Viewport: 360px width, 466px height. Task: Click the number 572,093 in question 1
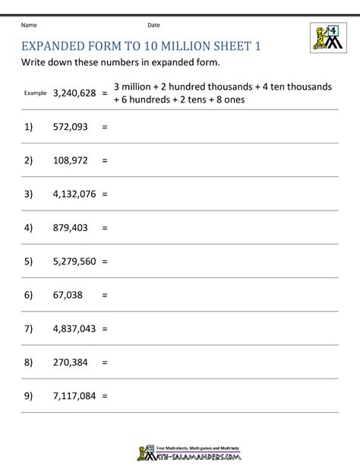click(70, 128)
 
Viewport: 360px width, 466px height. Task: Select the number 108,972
click(70, 161)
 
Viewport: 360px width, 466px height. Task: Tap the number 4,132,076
click(74, 194)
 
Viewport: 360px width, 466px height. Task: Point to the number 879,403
click(70, 227)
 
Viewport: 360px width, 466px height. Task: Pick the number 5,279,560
click(74, 259)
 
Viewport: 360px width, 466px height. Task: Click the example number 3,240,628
click(74, 93)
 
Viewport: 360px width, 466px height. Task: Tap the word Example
click(35, 94)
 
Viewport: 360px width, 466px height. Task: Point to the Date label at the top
click(153, 25)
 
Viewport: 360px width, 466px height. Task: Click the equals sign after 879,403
click(104, 227)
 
